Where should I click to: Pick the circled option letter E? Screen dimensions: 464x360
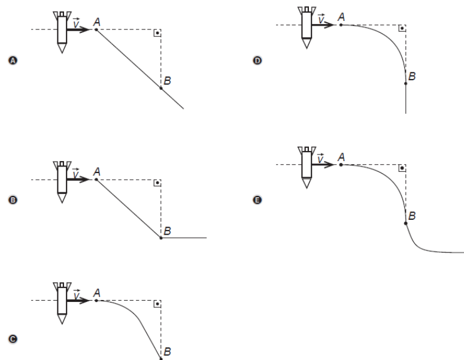(257, 201)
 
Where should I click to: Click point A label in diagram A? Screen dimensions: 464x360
(96, 22)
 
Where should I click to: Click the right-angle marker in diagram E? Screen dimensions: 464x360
(402, 168)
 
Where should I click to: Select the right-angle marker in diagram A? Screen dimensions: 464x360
(157, 33)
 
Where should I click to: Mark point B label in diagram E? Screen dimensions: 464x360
(411, 216)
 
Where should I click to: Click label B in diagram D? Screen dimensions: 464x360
(412, 76)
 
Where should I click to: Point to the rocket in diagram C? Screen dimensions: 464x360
(61, 302)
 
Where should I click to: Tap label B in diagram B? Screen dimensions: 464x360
(168, 231)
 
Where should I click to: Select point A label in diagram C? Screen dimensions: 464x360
(96, 293)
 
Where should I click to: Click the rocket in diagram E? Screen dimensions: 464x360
(307, 166)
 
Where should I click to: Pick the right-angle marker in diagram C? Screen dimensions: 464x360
(157, 304)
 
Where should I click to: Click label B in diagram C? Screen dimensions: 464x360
(168, 352)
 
